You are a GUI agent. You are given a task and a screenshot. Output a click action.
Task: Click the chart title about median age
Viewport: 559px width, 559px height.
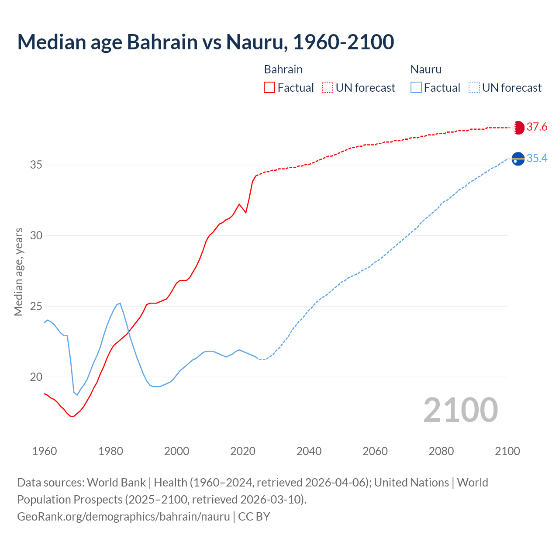coord(206,42)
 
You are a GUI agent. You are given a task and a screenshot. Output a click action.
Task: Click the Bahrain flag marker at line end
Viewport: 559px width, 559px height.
coord(518,128)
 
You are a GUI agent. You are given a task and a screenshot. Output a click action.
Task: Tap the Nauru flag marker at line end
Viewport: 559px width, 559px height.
coord(518,159)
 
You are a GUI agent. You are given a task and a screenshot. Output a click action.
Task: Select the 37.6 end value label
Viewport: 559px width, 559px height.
coord(537,127)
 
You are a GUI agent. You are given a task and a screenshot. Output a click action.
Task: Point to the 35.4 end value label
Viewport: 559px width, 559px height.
coord(537,159)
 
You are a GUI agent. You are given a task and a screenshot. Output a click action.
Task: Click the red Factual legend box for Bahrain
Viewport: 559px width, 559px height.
coord(269,88)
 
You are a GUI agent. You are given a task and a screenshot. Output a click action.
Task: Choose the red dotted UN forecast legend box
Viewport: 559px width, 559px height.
coord(328,88)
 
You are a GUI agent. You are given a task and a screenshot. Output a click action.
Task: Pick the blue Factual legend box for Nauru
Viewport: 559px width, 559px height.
coord(416,88)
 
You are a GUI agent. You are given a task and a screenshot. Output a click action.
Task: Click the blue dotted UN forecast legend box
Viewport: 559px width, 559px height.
coord(474,88)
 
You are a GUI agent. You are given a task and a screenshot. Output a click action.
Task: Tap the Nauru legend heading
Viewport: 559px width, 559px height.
coord(426,69)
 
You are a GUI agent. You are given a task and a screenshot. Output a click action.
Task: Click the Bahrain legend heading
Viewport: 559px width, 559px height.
coord(283,69)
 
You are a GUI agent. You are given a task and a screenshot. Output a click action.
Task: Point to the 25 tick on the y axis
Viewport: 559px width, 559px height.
coord(36,306)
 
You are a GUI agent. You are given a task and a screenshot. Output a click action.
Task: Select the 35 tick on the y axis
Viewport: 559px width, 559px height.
coord(36,165)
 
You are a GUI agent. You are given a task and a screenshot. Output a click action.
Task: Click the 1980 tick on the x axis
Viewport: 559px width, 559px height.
coord(110,451)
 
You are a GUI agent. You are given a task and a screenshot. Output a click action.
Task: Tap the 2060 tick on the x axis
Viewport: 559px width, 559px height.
coord(375,451)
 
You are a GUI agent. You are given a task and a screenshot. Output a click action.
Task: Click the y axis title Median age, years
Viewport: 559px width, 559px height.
coord(18,272)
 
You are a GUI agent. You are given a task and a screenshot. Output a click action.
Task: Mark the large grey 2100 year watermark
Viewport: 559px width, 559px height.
coord(460,410)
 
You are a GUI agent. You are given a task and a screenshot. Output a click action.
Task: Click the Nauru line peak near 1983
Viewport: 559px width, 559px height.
coord(120,303)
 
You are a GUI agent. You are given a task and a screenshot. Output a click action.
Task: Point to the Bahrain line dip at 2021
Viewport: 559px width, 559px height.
coord(246,212)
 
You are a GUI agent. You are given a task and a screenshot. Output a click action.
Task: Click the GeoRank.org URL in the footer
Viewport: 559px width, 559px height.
coord(123,517)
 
